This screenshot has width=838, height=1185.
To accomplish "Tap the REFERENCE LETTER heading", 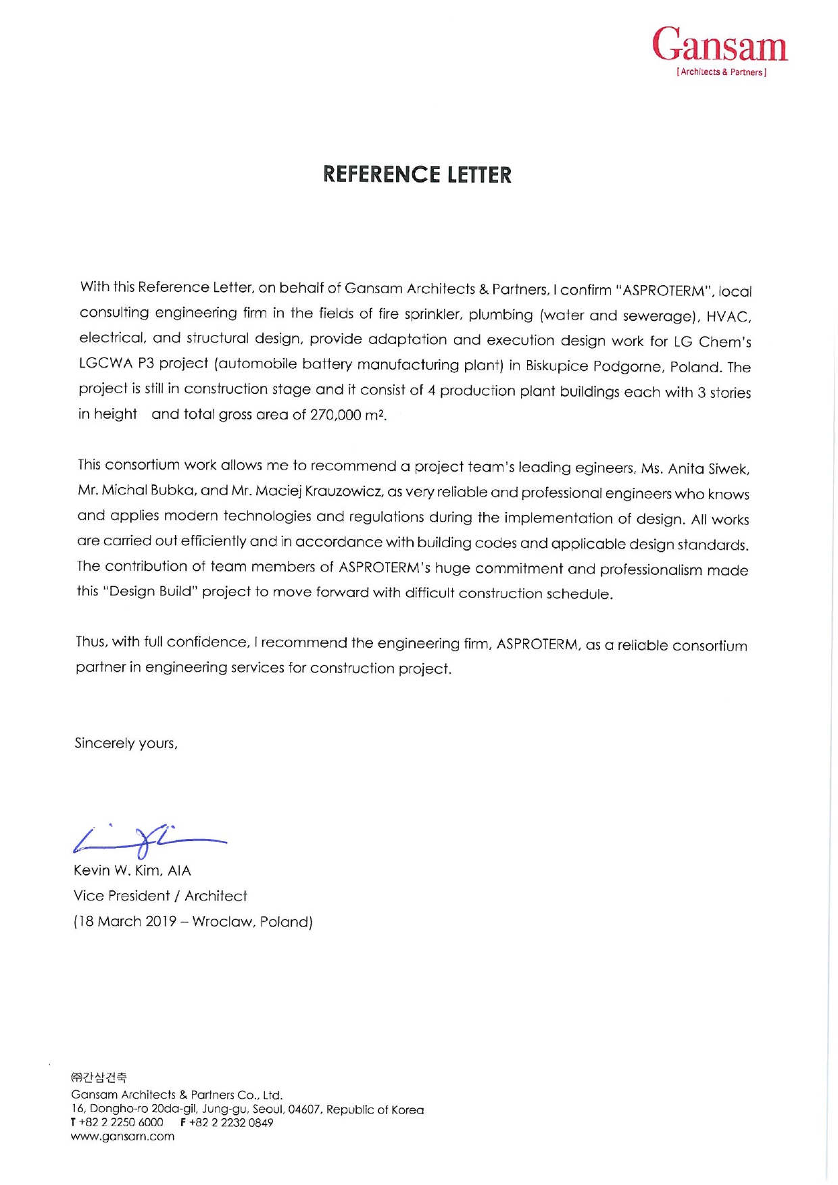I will pyautogui.click(x=417, y=175).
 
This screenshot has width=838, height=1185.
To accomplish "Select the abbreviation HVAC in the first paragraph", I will pyautogui.click(x=728, y=317).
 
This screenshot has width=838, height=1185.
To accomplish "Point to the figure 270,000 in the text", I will pyautogui.click(x=335, y=415).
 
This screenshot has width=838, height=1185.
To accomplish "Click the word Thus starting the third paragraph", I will pyautogui.click(x=91, y=641).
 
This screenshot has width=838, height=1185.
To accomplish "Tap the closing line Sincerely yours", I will pyautogui.click(x=126, y=744).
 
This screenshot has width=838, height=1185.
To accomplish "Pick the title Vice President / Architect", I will pyautogui.click(x=160, y=896).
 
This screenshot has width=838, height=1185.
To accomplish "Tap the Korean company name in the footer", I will pyautogui.click(x=99, y=1077).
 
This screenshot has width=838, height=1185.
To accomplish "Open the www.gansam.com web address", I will pyautogui.click(x=122, y=1136).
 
